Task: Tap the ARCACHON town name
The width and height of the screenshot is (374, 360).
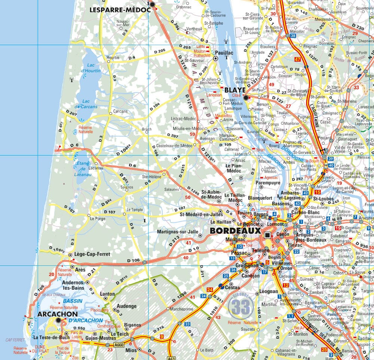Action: click(x=58, y=314)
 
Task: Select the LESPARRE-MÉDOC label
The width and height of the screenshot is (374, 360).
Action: click(x=120, y=10)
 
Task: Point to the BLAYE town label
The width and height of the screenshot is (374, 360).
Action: click(x=234, y=90)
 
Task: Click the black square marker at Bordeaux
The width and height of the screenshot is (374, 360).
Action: click(x=267, y=235)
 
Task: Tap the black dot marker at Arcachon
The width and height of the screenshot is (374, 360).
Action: click(x=58, y=321)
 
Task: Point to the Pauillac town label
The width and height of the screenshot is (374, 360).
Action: click(x=224, y=53)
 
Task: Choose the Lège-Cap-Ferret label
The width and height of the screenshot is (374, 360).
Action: click(x=92, y=254)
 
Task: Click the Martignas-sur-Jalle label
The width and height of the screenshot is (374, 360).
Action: click(x=178, y=232)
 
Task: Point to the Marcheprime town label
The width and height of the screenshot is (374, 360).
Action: click(x=181, y=310)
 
